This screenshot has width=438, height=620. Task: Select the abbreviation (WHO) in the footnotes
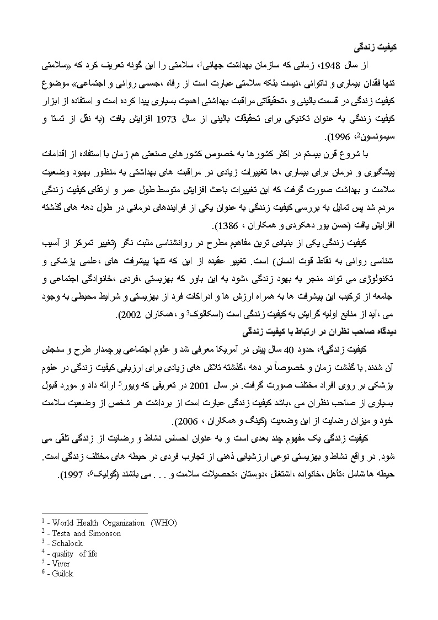coord(164,523)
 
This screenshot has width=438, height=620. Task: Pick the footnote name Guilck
coord(63,574)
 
